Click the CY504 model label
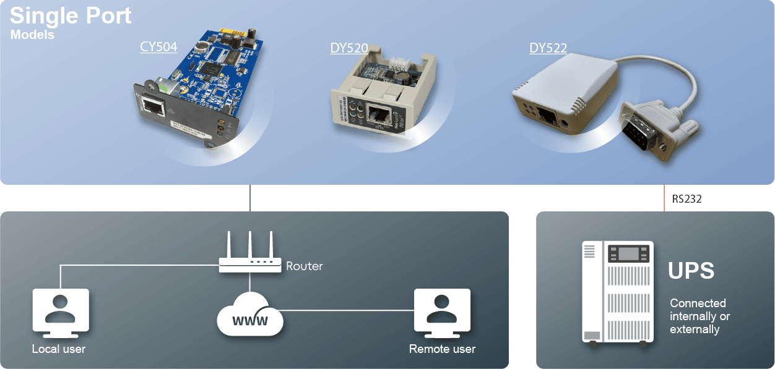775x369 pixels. (x=158, y=47)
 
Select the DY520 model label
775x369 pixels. (x=349, y=48)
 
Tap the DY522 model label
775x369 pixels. (x=548, y=48)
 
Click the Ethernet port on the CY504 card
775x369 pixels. (x=153, y=108)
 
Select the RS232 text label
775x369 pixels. (x=687, y=199)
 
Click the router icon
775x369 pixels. (x=249, y=253)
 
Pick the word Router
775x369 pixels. (x=304, y=266)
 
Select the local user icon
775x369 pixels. (x=60, y=311)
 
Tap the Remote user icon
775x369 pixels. (x=441, y=311)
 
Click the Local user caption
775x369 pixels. (x=59, y=349)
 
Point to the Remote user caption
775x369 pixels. (x=442, y=349)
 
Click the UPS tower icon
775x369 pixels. (x=618, y=292)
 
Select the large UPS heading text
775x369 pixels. (x=691, y=271)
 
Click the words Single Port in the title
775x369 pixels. (x=71, y=15)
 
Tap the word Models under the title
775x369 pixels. (x=32, y=35)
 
